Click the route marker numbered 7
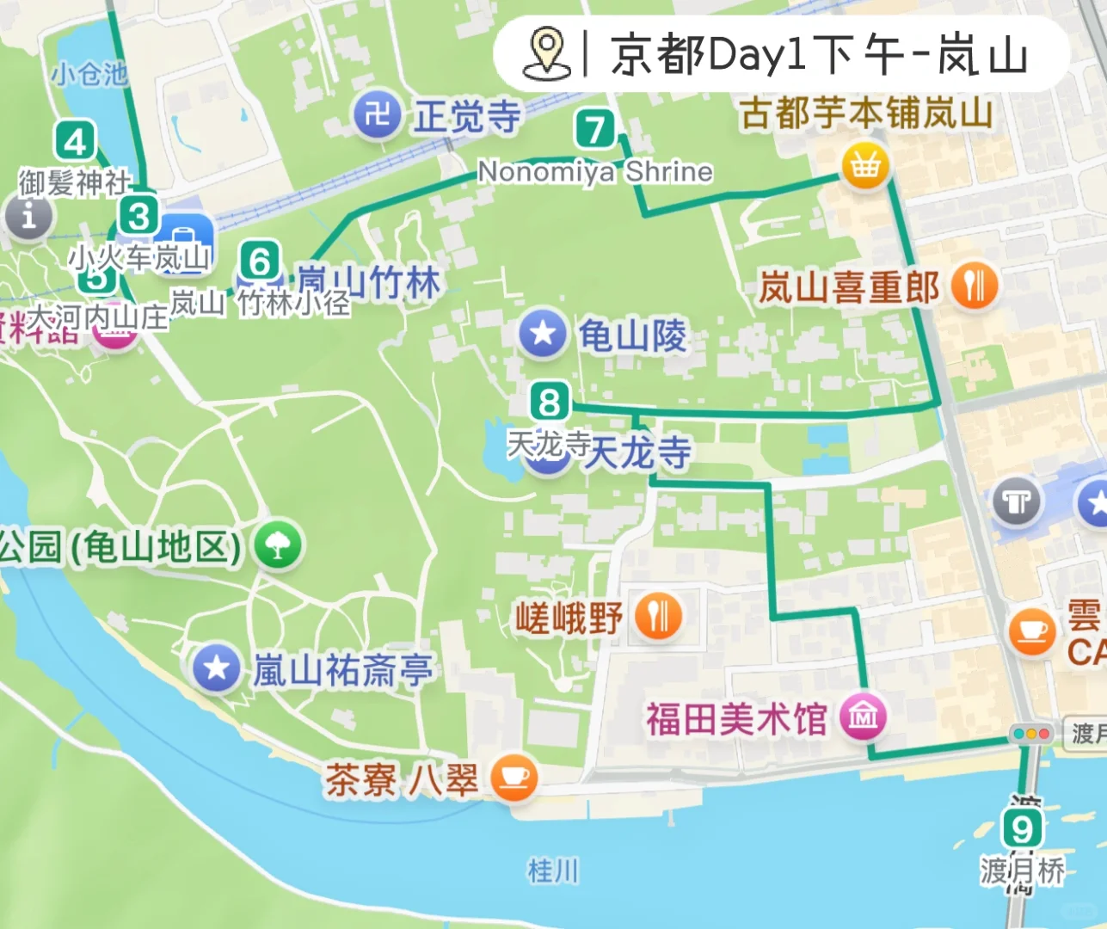pos(594,130)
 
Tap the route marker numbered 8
pos(550,402)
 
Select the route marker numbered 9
pos(1022,829)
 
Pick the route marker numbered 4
pos(75,142)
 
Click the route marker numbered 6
pos(260,261)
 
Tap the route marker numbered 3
pos(138,216)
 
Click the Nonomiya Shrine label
pos(595,172)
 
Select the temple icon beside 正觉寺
pos(377,114)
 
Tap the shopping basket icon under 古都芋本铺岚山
pos(864,165)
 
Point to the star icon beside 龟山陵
pos(543,333)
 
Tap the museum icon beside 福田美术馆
pos(863,716)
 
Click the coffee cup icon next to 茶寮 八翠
pos(514,778)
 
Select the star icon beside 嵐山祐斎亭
pos(216,668)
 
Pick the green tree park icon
pos(277,545)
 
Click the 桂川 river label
pos(553,871)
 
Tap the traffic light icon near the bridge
pos(1031,735)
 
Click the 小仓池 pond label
pos(89,74)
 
